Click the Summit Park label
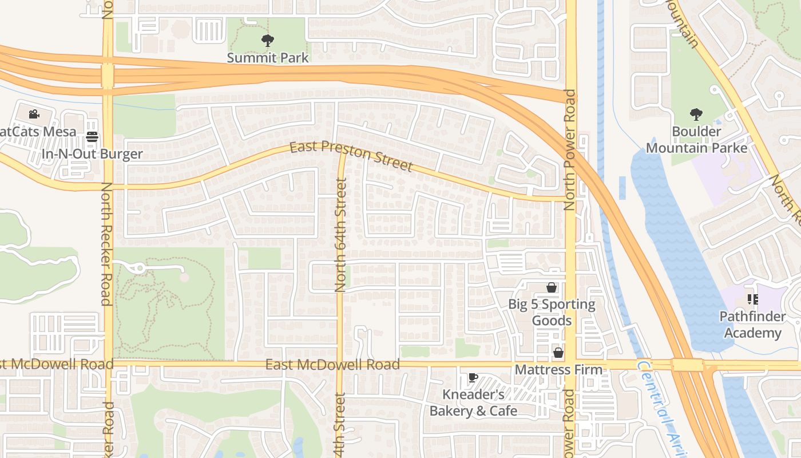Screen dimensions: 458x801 coord(268,58)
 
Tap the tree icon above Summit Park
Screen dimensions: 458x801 coord(267,41)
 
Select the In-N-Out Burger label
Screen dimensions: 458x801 coord(92,154)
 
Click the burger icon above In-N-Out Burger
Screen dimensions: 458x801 coord(92,137)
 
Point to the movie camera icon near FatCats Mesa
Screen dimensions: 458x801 coord(34,114)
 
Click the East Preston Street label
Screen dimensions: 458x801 coord(350,156)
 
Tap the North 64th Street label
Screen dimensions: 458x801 coord(341,235)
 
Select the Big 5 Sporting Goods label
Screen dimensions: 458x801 coord(552,312)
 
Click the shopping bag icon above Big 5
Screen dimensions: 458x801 coord(552,287)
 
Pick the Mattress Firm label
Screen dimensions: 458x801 coord(558,370)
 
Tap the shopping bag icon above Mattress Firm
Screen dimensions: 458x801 coord(558,353)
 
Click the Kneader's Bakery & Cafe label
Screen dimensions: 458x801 coord(473,403)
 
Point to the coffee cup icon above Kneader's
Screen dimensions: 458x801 coord(473,377)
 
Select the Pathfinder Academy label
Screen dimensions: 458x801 coord(751,325)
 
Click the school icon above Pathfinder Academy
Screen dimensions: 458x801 coord(752,299)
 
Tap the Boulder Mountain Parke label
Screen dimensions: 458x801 coord(696,140)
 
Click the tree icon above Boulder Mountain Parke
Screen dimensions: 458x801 coord(696,114)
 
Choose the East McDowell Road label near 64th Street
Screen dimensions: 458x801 coord(332,365)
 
